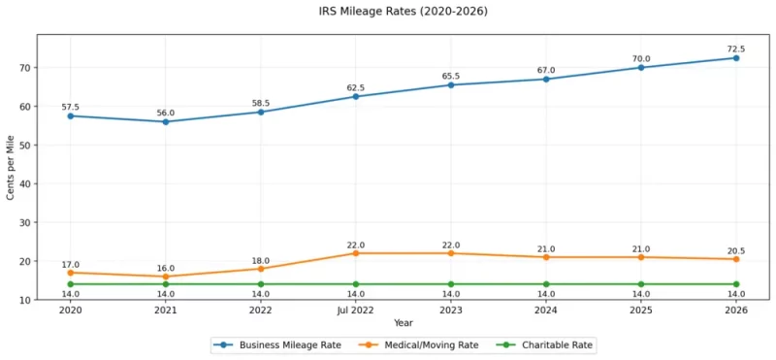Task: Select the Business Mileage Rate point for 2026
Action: [x=736, y=58]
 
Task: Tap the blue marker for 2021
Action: [x=165, y=121]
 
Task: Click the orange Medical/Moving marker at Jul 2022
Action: [x=355, y=253]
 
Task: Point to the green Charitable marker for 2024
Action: [x=546, y=284]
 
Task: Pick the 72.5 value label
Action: [x=736, y=49]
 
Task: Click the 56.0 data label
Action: [x=165, y=112]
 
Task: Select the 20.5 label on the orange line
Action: [x=736, y=251]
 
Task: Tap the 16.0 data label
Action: [x=165, y=269]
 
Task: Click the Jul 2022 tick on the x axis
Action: [x=355, y=311]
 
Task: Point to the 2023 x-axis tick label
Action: [x=451, y=311]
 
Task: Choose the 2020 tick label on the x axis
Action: [x=70, y=311]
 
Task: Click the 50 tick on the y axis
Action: [x=27, y=146]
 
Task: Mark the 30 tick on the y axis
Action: [x=27, y=222]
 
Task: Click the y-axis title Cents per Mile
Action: [x=11, y=167]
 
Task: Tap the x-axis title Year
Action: [x=403, y=323]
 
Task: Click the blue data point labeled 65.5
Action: [x=451, y=85]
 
